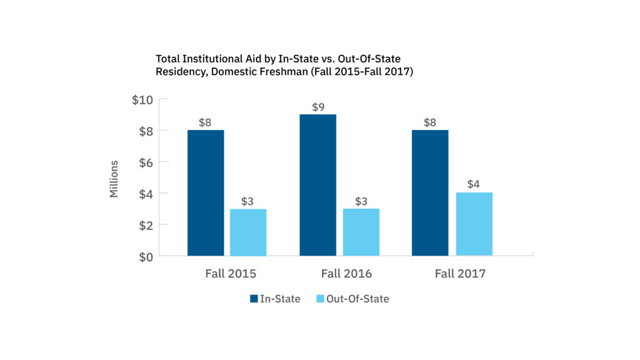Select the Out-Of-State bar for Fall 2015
(248, 232)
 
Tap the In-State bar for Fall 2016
(318, 185)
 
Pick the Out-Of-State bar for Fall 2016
(361, 232)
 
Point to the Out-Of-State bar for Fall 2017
(474, 224)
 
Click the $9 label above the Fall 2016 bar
(318, 107)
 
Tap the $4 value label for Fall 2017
(474, 185)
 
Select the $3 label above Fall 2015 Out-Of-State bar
(248, 201)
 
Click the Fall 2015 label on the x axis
(231, 274)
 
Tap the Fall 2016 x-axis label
(346, 274)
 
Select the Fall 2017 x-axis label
(460, 274)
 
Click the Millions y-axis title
(114, 179)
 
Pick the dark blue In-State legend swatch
(254, 299)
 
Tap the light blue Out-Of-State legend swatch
(319, 299)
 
